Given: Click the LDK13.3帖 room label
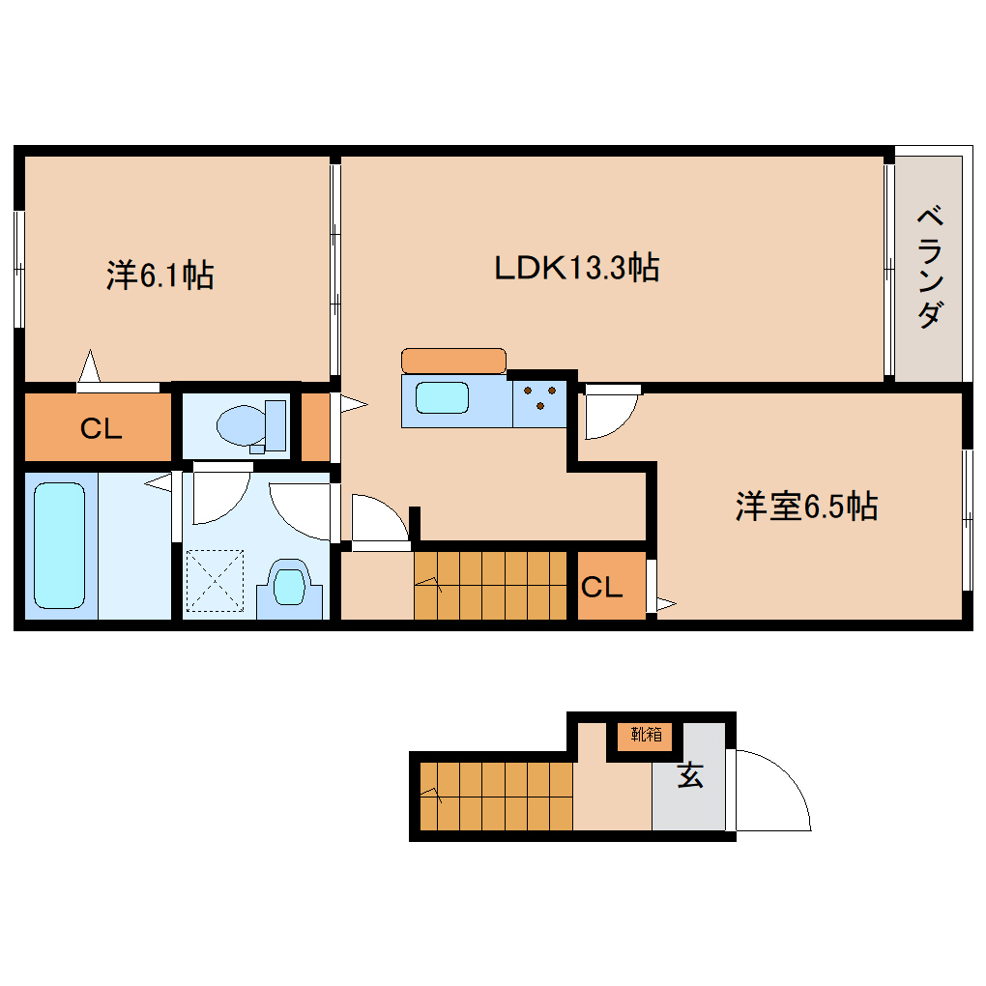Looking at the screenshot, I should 577,268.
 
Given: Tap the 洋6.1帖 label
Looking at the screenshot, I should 159,276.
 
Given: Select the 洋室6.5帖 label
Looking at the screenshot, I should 806,507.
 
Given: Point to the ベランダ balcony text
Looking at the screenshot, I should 929,267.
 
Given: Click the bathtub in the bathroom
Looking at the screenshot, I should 60,546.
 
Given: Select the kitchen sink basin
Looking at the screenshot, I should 442,400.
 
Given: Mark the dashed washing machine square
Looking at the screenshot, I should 215,580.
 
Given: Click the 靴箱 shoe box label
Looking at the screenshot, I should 647,735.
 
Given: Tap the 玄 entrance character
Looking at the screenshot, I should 689,775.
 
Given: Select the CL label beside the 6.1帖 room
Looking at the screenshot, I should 101,429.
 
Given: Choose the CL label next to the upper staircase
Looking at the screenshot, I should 601,587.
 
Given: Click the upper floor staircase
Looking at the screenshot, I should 490,585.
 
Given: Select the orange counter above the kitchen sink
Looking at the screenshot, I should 453,361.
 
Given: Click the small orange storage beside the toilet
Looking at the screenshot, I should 315,425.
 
